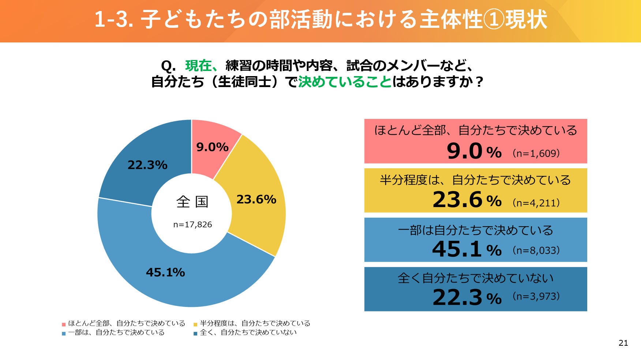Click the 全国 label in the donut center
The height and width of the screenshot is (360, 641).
[192, 202]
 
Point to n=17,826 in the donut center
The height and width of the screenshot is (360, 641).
[192, 225]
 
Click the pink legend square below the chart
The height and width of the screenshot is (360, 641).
[64, 324]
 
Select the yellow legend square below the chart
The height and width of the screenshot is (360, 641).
[195, 324]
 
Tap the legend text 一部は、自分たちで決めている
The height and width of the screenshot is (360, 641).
[116, 333]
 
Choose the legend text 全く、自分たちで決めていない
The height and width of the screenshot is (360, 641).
[248, 333]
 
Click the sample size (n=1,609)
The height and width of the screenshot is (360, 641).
[536, 153]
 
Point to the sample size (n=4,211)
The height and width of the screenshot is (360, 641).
[536, 203]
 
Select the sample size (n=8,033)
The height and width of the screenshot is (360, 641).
[536, 251]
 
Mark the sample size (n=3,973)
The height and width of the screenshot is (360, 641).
[536, 296]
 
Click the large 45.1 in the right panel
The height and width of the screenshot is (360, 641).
[457, 249]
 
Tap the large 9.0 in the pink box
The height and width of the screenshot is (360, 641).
[465, 151]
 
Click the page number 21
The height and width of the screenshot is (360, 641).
[623, 343]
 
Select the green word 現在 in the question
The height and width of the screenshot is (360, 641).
[198, 66]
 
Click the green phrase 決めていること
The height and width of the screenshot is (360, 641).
[345, 82]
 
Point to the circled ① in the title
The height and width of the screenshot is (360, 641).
[494, 20]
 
